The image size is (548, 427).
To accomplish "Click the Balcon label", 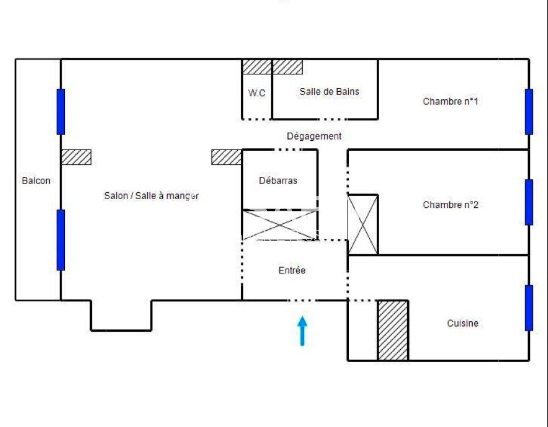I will pos(36,181).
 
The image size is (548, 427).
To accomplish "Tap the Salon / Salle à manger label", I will pos(151,196).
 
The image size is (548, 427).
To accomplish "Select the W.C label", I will pos(257,93).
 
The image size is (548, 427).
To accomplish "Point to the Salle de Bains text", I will pos(329,92).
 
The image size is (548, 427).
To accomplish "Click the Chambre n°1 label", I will pos(450,101).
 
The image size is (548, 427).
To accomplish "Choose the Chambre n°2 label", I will pos(450,205).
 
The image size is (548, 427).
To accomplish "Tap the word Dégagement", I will pos(314,136).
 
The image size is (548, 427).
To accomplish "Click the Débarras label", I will pos(278,181).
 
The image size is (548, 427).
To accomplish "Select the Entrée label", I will pos(292,270).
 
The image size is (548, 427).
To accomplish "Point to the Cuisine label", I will pos(462,323).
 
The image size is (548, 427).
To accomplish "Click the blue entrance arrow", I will pos(302,331).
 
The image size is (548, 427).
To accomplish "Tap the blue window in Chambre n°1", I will pos(529,112).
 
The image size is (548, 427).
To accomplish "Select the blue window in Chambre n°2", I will pos(529,202).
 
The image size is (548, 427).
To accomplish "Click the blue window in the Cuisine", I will pos(529,308).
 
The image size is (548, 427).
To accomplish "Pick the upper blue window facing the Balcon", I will pos(61,112).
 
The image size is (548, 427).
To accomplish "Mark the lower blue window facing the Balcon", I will pos(61,240).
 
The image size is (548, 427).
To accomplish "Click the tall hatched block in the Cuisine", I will pos(393,331).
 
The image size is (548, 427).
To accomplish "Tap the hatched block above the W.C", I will pos(257,67).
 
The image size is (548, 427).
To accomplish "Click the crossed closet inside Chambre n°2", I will pos(363,225).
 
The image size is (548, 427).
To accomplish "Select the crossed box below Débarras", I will pos(279,225).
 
